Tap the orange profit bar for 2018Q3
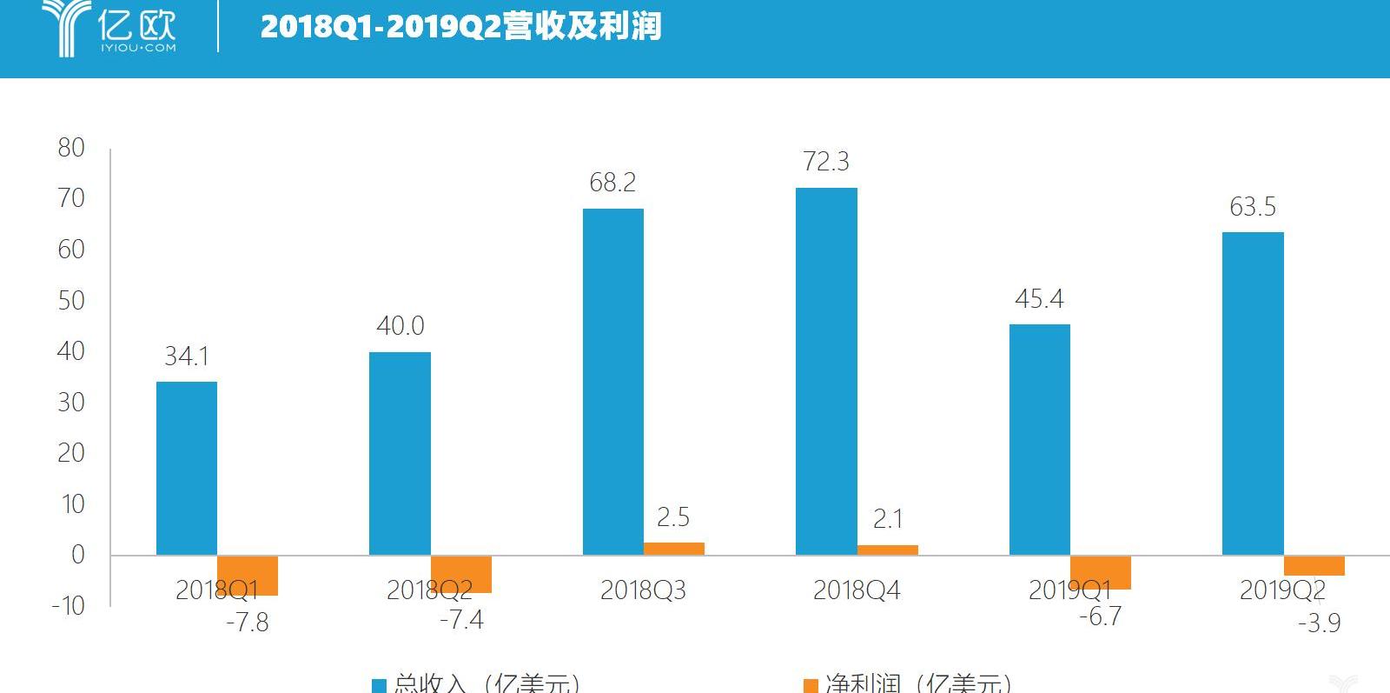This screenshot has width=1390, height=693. tap(673, 549)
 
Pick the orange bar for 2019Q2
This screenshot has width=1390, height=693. tap(1314, 566)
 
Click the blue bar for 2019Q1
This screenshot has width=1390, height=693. tap(1040, 439)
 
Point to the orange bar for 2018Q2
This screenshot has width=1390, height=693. tap(461, 575)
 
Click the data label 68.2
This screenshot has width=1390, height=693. tap(612, 183)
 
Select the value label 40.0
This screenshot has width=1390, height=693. tap(400, 326)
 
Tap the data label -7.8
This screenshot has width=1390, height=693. tap(248, 623)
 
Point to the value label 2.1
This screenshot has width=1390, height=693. tap(887, 519)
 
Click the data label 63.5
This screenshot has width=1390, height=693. tap(1253, 207)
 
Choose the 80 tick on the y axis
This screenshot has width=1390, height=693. tap(72, 148)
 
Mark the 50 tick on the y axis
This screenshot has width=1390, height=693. tap(72, 301)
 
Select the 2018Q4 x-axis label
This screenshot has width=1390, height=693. tap(857, 591)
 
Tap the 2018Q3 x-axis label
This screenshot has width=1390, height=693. tap(643, 591)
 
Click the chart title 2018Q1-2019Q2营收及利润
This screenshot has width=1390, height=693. tap(460, 27)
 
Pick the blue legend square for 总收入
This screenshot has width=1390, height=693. tap(379, 686)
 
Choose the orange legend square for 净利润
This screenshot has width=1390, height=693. tap(811, 686)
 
